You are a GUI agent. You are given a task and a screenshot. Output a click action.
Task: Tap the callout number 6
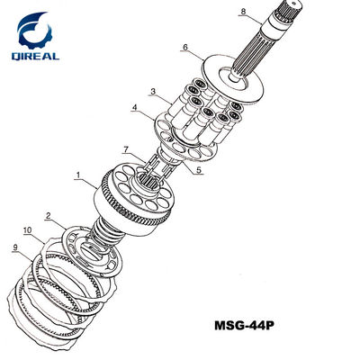coord(185,47)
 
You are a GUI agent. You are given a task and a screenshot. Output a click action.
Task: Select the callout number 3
coord(154,91)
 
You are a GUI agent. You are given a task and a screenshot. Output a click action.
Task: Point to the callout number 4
coord(136,110)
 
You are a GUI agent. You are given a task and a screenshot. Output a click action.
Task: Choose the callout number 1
coord(78,174)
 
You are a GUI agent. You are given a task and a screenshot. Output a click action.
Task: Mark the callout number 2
coord(50,215)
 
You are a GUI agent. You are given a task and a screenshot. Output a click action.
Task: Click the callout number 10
coord(28,231)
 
